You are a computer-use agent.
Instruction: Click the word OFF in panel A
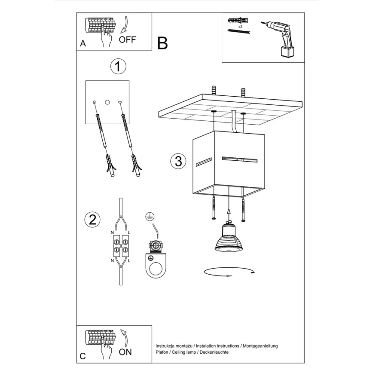pos(127,40)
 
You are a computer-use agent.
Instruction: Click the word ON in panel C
pos(125,352)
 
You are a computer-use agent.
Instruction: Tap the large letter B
pos(162,43)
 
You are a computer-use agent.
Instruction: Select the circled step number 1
pos(118,67)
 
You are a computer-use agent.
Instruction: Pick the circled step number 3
pos(178,161)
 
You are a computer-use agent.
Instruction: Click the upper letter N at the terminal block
pos(113,232)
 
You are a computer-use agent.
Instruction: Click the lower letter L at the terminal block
pos(129,261)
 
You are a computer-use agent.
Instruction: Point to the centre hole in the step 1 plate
pos(107,102)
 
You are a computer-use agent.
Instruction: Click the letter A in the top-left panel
pos(83,44)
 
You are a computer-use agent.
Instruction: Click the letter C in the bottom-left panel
pos(83,356)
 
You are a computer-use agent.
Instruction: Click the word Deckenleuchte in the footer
pos(214,352)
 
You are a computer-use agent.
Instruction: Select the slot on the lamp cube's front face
pos(239,160)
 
